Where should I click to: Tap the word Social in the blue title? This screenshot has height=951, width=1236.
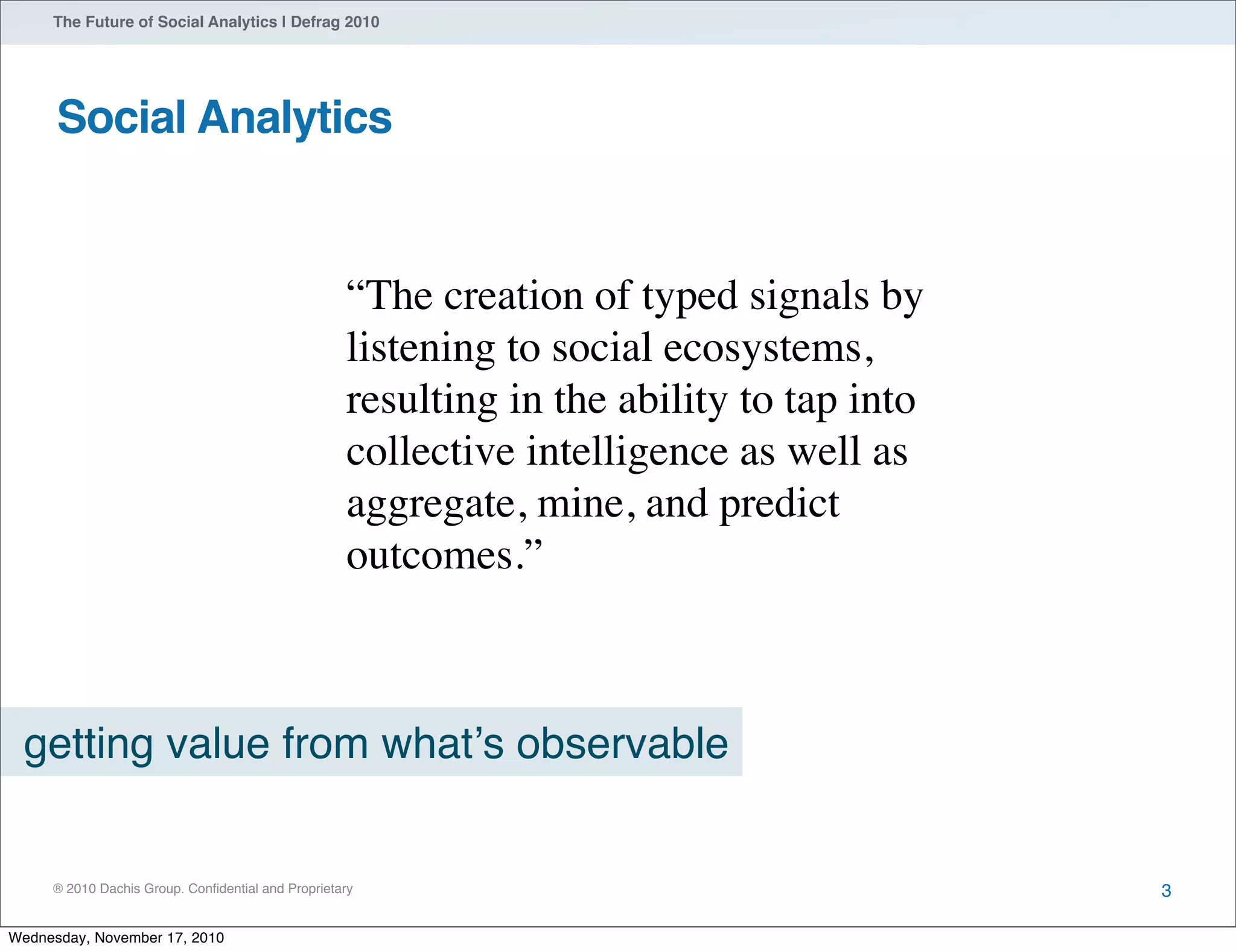tap(121, 118)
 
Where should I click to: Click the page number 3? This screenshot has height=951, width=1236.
tap(1166, 891)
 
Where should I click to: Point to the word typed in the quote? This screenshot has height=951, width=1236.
tap(690, 297)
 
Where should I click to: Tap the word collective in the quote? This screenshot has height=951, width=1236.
tap(430, 452)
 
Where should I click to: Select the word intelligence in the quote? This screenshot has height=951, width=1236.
tap(627, 452)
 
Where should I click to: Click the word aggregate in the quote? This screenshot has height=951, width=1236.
tap(432, 504)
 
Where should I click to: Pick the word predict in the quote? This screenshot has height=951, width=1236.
tap(779, 504)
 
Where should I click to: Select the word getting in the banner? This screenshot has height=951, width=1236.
tap(89, 744)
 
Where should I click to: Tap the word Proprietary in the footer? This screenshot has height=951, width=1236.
tap(320, 889)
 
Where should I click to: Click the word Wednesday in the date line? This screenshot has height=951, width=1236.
tap(47, 938)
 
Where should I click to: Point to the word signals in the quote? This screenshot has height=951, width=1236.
tap(809, 297)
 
